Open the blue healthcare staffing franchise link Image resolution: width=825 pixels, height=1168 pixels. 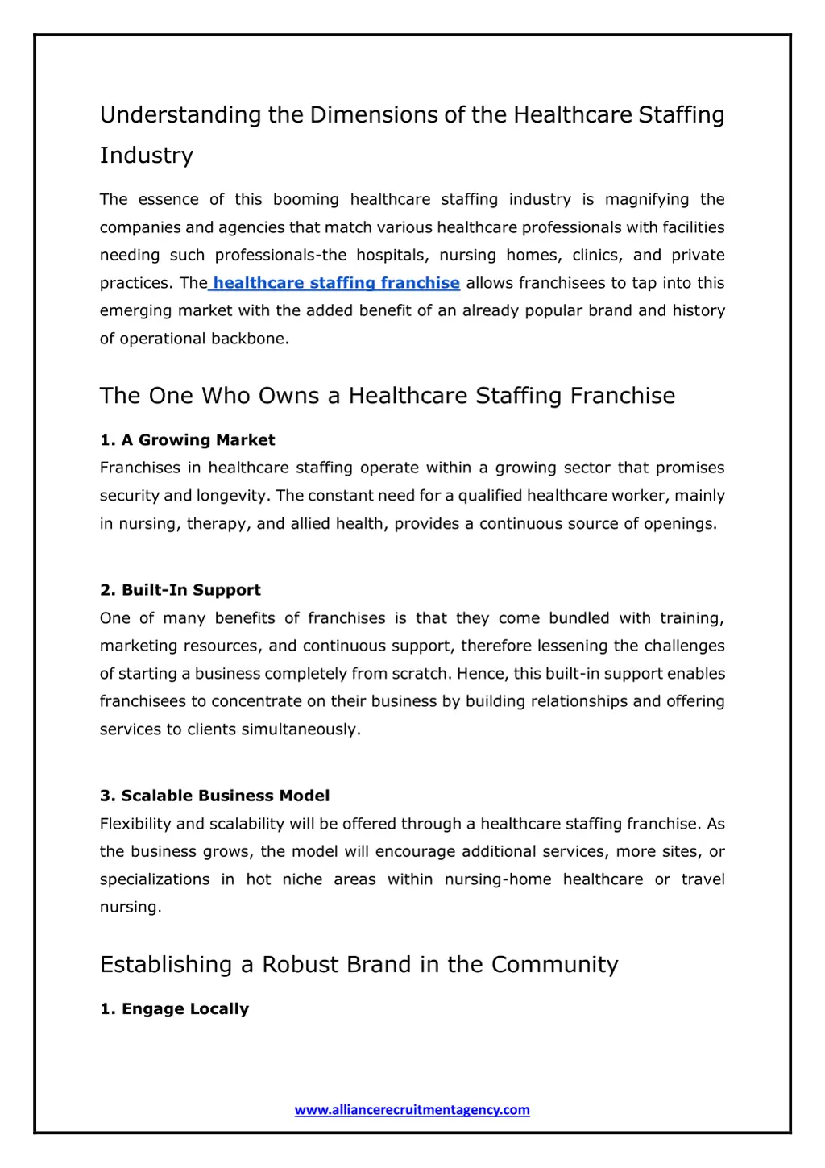(x=336, y=283)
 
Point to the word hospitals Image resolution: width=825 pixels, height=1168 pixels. (x=392, y=256)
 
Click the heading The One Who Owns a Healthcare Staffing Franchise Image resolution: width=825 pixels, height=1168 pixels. (x=388, y=396)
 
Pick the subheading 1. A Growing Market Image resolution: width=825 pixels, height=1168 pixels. (x=187, y=440)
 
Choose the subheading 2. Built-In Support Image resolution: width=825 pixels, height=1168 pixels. (x=180, y=590)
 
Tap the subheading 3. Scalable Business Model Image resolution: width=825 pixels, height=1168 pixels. (x=214, y=796)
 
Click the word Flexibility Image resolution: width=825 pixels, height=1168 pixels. (x=135, y=824)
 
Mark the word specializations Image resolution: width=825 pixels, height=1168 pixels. (x=155, y=879)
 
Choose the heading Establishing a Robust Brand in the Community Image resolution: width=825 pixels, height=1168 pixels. (x=359, y=965)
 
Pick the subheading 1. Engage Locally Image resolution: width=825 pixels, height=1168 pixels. (x=174, y=1009)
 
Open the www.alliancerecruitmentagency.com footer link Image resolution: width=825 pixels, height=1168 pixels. (x=412, y=1110)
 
